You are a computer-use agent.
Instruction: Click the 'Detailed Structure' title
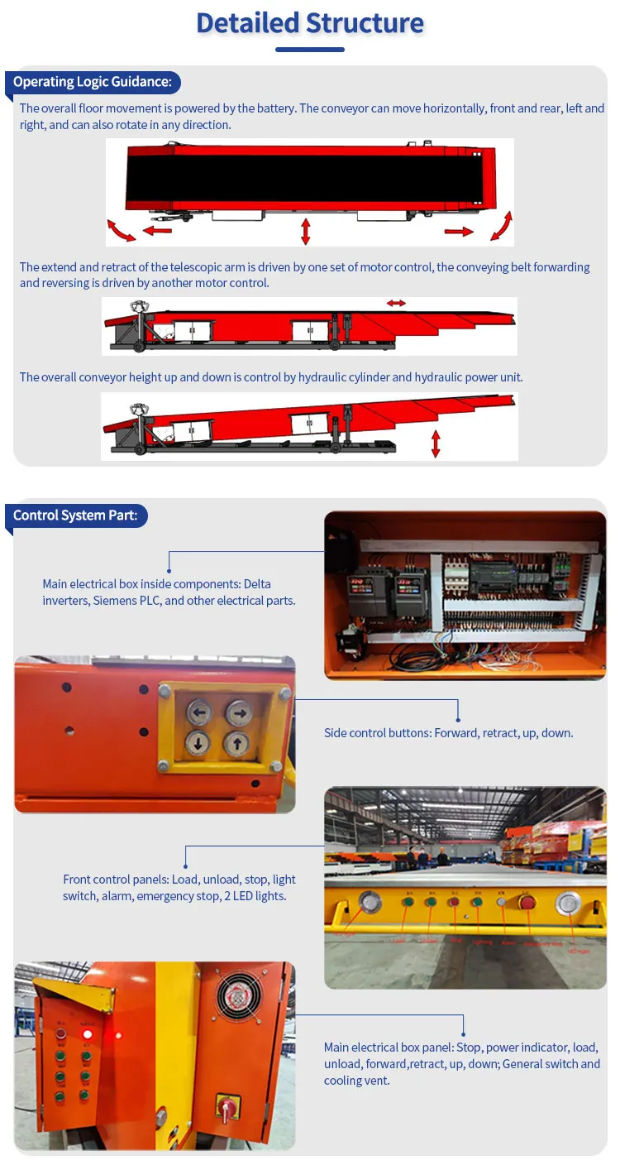(310, 22)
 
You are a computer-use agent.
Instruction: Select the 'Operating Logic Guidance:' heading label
(93, 82)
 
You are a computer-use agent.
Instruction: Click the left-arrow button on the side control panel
(198, 711)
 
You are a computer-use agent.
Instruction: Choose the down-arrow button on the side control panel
(198, 743)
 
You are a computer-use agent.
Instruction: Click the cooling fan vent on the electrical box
(239, 997)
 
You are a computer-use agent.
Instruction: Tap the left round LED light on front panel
(371, 902)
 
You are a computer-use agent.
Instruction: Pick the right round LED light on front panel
(568, 903)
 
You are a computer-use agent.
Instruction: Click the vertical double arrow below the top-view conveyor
(306, 231)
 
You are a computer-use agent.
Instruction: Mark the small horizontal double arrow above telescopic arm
(396, 304)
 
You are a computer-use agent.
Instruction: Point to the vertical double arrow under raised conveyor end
(436, 443)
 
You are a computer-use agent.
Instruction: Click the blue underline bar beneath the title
(309, 50)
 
